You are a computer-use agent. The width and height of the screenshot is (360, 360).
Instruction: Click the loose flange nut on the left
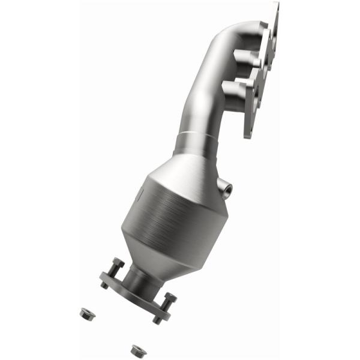[85, 313]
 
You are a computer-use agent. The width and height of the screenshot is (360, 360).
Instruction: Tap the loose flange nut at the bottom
[137, 347]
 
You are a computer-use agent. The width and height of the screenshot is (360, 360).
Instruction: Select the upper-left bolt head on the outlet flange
[117, 264]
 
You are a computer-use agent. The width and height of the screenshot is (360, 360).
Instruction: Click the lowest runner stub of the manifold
[234, 90]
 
